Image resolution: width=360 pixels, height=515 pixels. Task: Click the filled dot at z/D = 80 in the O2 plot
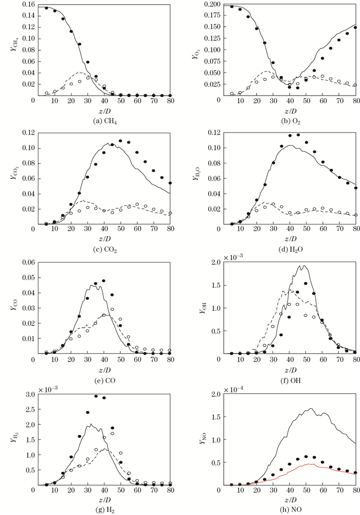355,28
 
